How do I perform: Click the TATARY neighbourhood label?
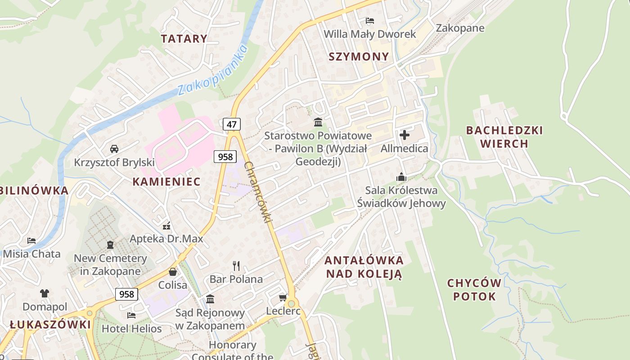tap(184, 39)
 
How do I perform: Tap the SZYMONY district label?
tap(359, 57)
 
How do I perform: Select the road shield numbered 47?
tap(231, 124)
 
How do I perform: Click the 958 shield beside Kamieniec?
tap(225, 156)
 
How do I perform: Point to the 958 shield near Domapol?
tap(126, 294)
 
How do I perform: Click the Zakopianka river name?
tap(213, 71)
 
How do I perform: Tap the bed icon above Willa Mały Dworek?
tap(370, 21)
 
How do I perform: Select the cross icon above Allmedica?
tap(404, 135)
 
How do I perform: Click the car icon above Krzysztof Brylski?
tap(114, 148)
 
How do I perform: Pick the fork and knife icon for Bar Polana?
tap(236, 265)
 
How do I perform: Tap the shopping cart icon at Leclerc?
tap(283, 297)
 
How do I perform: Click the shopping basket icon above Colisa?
tap(172, 272)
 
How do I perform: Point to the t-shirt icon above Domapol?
tap(45, 293)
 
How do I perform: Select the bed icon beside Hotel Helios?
tap(131, 315)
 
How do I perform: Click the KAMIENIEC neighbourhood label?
tap(166, 182)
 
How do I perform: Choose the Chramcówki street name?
tap(258, 192)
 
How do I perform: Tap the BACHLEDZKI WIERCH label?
tap(504, 137)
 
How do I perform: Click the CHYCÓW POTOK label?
tap(474, 290)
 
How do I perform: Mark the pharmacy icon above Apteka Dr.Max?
tap(166, 225)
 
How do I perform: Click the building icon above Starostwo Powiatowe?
tap(318, 122)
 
